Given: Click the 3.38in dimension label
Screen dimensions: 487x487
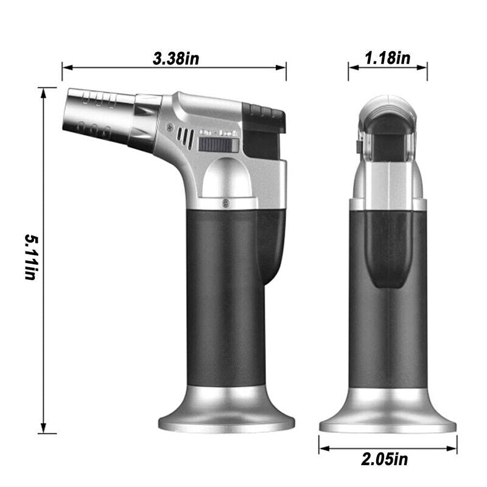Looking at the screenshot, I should pos(177,58).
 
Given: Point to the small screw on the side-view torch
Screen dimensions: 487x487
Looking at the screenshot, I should pos(226,203).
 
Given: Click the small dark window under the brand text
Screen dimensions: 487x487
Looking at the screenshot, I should pos(217,144).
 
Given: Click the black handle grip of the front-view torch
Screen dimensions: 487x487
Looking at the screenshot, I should pos(388,317).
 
